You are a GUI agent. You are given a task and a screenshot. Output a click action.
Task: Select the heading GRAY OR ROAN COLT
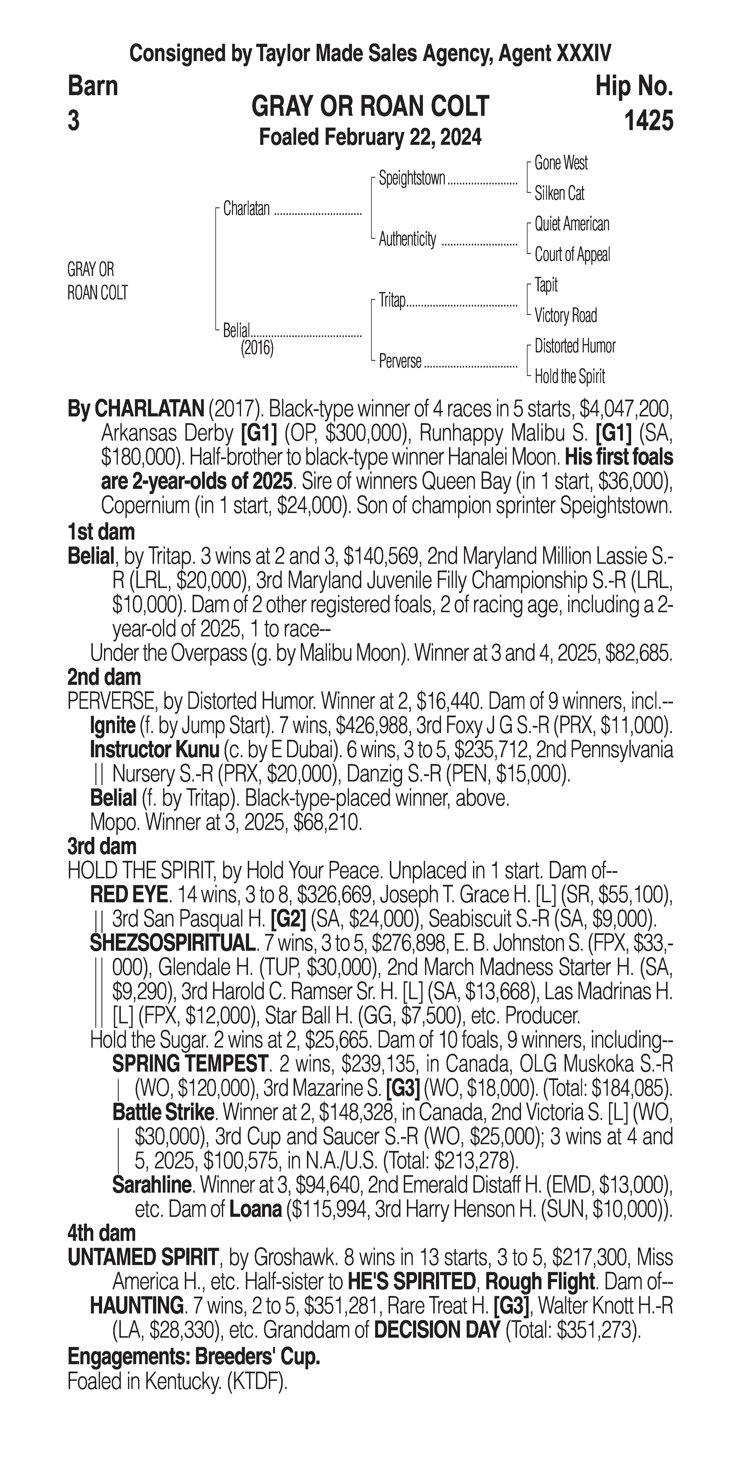click(x=370, y=106)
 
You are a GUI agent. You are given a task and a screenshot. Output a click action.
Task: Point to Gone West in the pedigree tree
click(x=561, y=163)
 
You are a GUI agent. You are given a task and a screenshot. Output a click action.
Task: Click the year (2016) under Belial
click(x=257, y=348)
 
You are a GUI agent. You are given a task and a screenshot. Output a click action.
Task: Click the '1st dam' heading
click(x=101, y=532)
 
